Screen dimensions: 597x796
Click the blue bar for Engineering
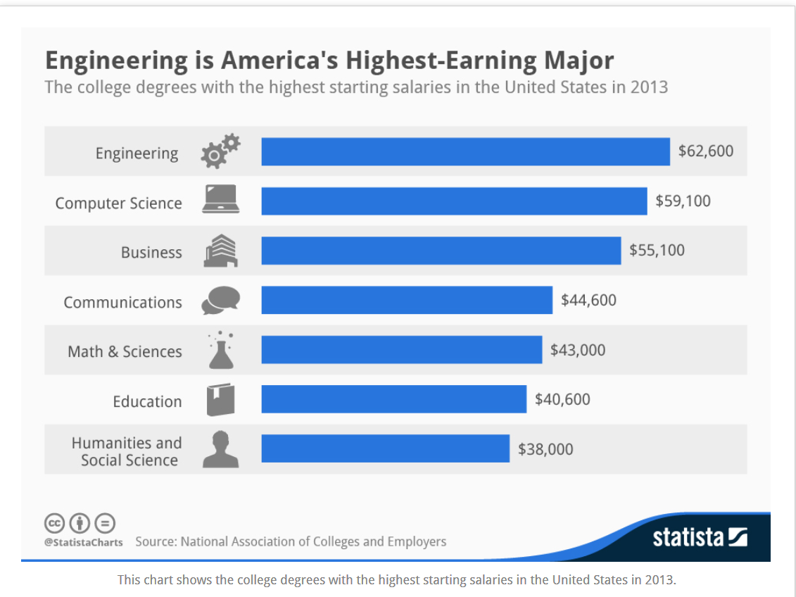pyautogui.click(x=465, y=151)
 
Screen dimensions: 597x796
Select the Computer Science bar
pyautogui.click(x=454, y=201)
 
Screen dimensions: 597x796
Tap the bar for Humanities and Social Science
pyautogui.click(x=385, y=448)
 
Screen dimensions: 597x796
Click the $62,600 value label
pyautogui.click(x=705, y=151)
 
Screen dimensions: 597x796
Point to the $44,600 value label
pyautogui.click(x=588, y=301)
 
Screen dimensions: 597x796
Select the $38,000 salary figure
pyautogui.click(x=545, y=449)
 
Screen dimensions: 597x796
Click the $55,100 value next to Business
pyautogui.click(x=657, y=251)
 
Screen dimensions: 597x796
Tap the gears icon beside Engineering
pyautogui.click(x=220, y=151)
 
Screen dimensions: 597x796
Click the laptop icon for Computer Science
pyautogui.click(x=221, y=200)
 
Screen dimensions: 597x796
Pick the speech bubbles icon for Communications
pyautogui.click(x=220, y=301)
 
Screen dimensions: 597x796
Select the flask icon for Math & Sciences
pyautogui.click(x=221, y=351)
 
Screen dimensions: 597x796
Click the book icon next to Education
pyautogui.click(x=220, y=400)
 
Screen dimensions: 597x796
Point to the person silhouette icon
pyautogui.click(x=220, y=450)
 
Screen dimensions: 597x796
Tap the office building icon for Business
pyautogui.click(x=220, y=251)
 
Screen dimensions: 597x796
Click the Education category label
pyautogui.click(x=147, y=401)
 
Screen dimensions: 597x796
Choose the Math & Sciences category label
pyautogui.click(x=125, y=351)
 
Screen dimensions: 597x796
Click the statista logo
pyautogui.click(x=700, y=538)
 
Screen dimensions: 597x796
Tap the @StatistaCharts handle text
pyautogui.click(x=83, y=542)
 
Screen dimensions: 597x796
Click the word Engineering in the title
pyautogui.click(x=116, y=61)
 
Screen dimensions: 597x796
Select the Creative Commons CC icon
pyautogui.click(x=55, y=523)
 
